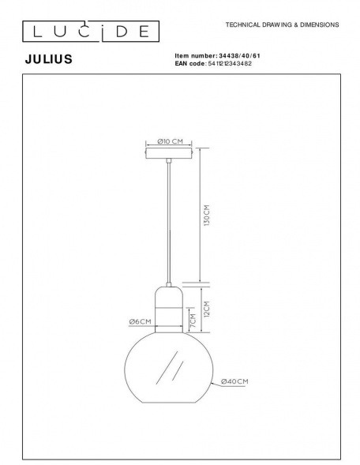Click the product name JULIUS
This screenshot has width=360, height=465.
pyautogui.click(x=50, y=58)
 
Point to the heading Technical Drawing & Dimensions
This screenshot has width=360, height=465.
pyautogui.click(x=282, y=25)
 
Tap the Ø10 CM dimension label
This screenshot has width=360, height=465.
pyautogui.click(x=170, y=141)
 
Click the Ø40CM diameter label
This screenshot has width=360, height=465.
pyautogui.click(x=234, y=381)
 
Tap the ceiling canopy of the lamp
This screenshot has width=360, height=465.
pyautogui.click(x=170, y=152)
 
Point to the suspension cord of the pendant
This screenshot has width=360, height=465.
pyautogui.click(x=169, y=221)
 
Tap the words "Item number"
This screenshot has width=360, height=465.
pyautogui.click(x=193, y=55)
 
